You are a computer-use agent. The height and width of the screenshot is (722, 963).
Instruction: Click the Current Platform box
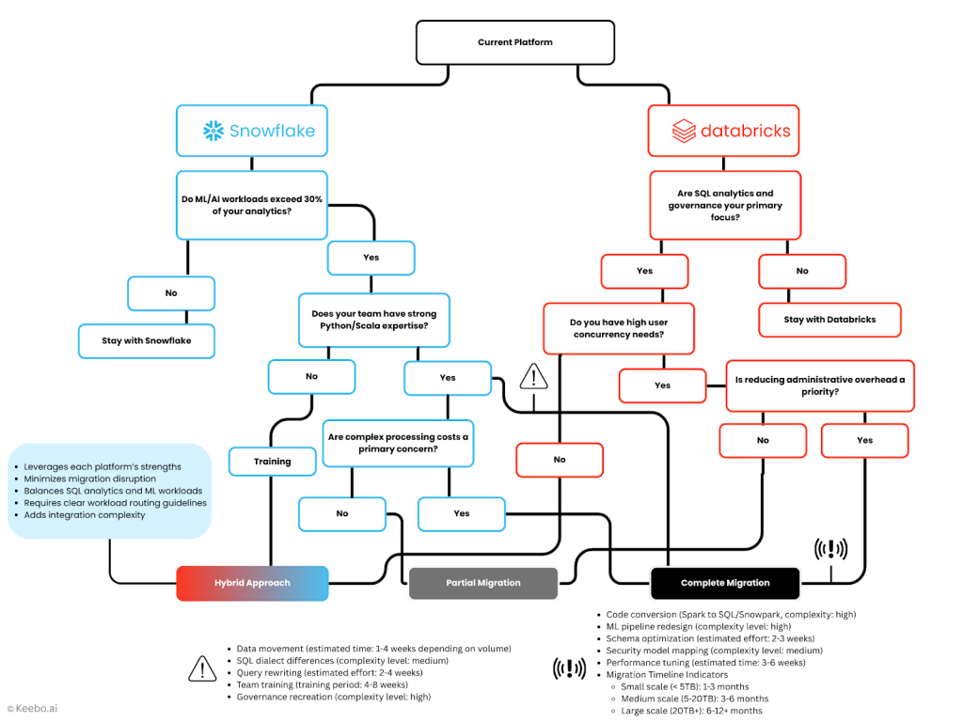(515, 42)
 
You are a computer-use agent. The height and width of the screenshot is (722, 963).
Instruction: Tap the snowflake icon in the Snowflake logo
(213, 131)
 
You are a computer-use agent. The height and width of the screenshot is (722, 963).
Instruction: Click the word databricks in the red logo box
(746, 132)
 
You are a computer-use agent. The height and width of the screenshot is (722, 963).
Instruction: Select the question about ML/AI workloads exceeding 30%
(251, 205)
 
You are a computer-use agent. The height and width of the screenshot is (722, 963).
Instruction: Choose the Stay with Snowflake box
(146, 340)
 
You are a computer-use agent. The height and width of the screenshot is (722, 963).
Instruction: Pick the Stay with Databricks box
(829, 320)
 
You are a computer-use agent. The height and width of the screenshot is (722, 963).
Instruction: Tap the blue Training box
(272, 462)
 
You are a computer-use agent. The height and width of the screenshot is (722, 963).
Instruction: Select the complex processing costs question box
(397, 443)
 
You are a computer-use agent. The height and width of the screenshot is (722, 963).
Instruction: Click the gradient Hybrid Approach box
(252, 583)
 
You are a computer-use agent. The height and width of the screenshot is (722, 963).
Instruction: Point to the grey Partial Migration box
(482, 583)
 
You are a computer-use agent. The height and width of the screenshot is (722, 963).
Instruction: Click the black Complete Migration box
(724, 583)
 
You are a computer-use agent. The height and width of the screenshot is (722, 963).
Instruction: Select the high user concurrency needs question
(618, 328)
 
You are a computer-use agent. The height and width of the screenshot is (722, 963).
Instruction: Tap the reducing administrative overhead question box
(819, 385)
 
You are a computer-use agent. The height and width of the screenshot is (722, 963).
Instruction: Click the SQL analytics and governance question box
(724, 205)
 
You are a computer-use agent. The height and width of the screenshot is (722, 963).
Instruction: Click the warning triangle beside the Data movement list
(202, 668)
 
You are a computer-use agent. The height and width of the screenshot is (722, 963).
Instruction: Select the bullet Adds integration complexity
(85, 515)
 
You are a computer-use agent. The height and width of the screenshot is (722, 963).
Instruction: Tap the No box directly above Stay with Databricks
(801, 271)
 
